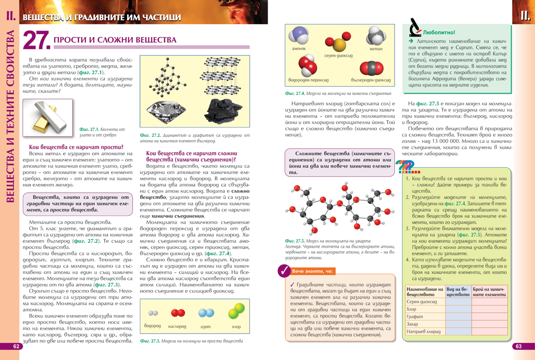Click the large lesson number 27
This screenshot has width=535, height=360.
click(35, 41)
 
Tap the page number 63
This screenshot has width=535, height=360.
click(519, 347)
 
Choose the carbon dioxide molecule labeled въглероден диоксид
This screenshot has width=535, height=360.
click(371, 68)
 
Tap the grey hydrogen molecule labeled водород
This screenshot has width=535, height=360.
click(153, 313)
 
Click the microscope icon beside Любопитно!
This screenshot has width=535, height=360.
click(415, 28)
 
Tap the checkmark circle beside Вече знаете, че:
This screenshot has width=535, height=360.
click(284, 270)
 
